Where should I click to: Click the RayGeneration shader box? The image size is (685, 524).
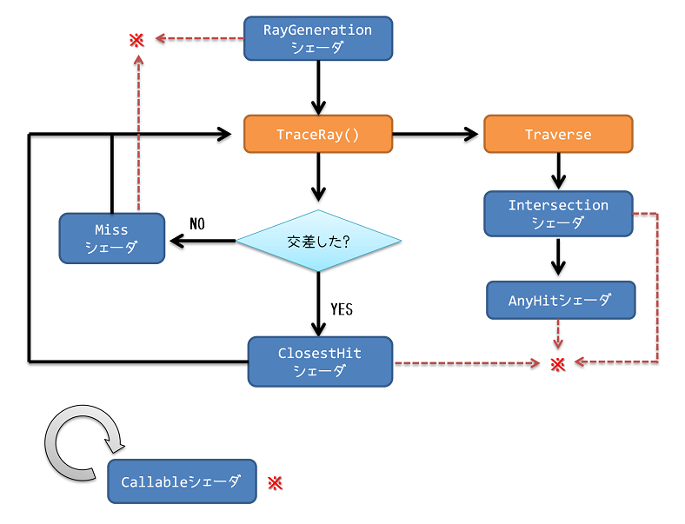point(318,39)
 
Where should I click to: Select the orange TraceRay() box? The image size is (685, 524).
point(318,135)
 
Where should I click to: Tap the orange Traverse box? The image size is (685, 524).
point(558,135)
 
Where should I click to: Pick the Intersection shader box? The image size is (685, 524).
point(558,214)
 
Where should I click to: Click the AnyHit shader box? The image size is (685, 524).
point(560,302)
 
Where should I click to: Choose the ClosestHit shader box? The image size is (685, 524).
point(320,362)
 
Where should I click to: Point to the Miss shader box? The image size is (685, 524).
point(111,238)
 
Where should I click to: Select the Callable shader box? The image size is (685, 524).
point(182,481)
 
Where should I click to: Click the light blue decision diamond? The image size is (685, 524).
point(319,241)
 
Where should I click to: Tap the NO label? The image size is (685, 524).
point(197,223)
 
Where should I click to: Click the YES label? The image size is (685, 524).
point(342,308)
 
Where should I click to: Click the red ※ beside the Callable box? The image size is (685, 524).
point(276,482)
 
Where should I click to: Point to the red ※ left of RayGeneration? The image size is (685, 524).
point(136,39)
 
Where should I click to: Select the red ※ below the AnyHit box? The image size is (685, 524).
point(559,364)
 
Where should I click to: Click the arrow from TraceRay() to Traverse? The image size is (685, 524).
point(436,135)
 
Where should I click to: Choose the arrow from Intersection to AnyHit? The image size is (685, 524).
point(559,256)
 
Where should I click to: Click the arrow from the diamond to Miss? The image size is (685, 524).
point(202,241)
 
